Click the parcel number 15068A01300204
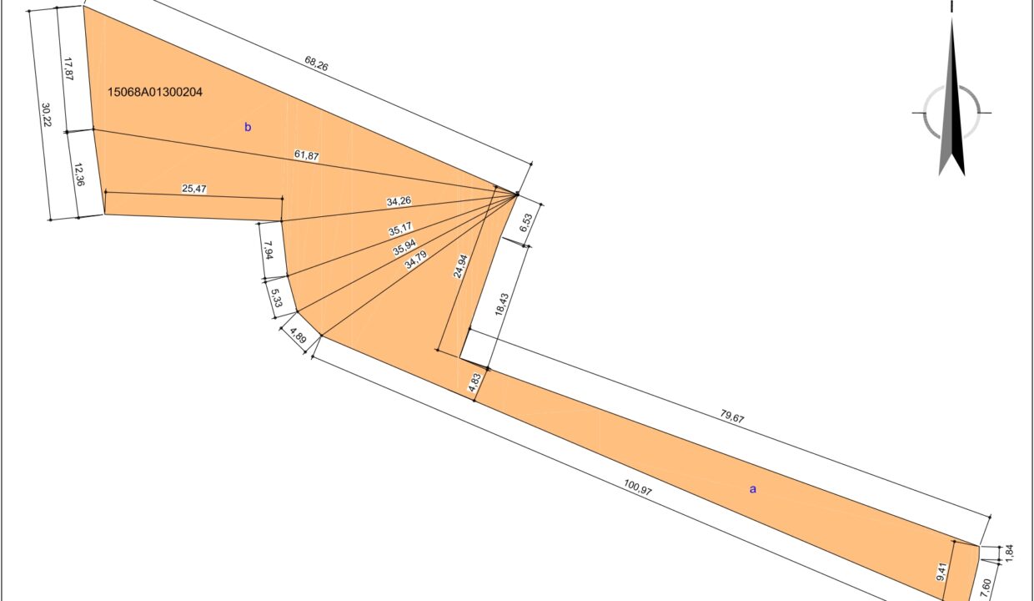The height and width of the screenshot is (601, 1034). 154,92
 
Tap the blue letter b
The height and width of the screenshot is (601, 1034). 248,127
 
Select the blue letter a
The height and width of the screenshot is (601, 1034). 753,489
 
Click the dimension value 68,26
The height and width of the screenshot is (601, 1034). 316,63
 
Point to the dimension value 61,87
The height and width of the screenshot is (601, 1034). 307,156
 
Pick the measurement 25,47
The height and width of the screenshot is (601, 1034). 193,189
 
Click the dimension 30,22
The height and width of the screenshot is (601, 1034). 46,114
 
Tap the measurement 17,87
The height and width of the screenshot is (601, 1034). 68,69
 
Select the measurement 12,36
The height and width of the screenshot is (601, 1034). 79,174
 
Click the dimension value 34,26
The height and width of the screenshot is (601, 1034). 399,201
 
